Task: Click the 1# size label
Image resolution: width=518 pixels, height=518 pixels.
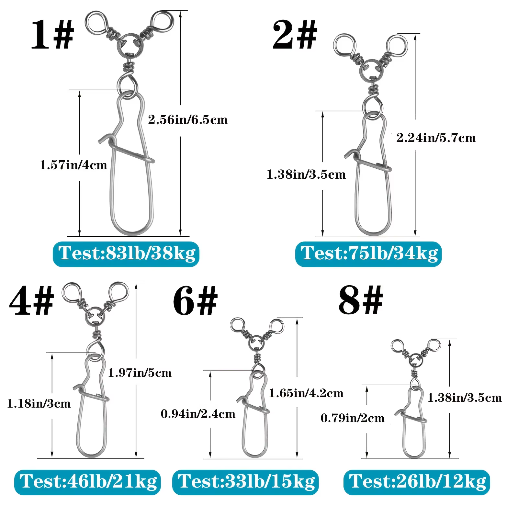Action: coord(52,34)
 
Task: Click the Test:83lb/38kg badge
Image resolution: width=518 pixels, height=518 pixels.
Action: coord(126,254)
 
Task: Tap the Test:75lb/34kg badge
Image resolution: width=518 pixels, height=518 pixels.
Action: coord(368,254)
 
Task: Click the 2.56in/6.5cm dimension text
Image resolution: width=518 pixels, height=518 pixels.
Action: coord(188,120)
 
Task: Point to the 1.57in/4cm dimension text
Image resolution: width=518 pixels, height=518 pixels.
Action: coord(73,165)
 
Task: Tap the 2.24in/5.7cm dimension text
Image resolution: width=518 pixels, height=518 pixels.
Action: coord(436,138)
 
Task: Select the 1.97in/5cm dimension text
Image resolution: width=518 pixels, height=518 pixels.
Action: coord(140,373)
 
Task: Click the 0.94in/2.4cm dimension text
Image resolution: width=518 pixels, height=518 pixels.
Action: coord(198,414)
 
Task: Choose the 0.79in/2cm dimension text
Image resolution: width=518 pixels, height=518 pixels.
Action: coord(353,418)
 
